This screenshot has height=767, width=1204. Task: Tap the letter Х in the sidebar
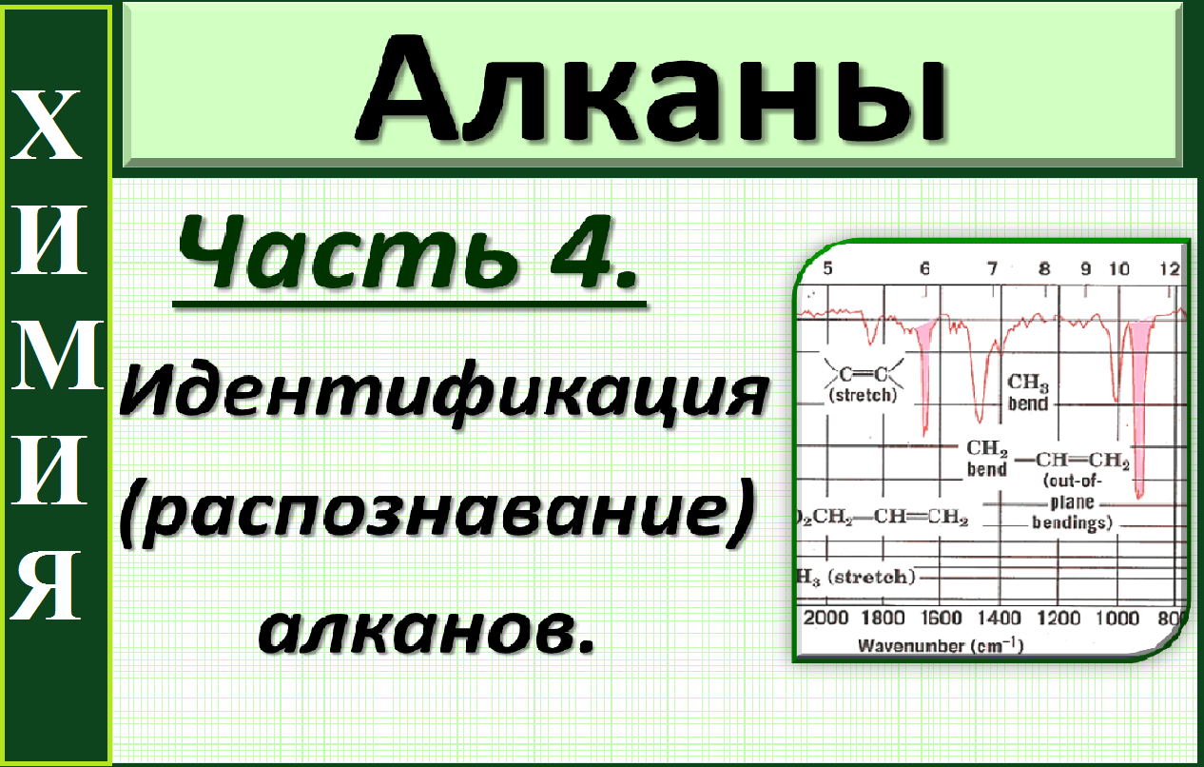tap(54, 128)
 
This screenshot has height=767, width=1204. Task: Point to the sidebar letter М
tap(55, 358)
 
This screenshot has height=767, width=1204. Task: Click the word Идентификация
tap(442, 393)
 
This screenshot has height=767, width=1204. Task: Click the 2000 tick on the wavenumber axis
tap(825, 618)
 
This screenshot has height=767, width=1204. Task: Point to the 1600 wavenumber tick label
tap(942, 618)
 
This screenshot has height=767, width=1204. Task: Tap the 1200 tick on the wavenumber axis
tap(1058, 618)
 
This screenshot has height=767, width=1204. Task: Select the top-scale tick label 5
tap(827, 269)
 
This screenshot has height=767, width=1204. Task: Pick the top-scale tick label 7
tap(991, 269)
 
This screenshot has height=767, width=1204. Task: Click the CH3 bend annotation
tap(1028, 392)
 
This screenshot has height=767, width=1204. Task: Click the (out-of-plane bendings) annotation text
tap(1073, 501)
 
